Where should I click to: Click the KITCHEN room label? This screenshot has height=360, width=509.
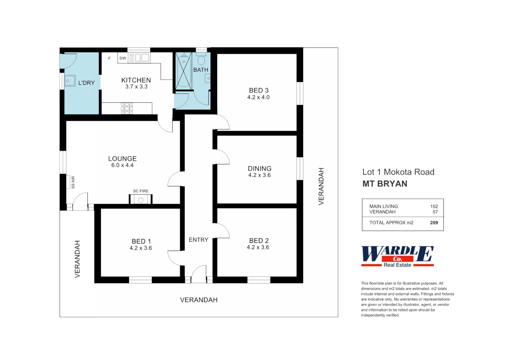click(136, 80)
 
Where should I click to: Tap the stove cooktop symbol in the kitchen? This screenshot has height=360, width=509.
click(127, 108)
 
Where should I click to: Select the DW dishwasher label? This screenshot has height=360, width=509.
click(123, 58)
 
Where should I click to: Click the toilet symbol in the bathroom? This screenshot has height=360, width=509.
click(201, 60)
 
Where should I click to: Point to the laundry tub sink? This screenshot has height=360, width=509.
click(70, 81)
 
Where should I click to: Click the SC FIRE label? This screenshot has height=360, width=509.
click(141, 191)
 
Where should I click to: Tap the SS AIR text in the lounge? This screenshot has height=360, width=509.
click(73, 182)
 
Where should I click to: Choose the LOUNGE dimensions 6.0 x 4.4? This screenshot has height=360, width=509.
click(122, 165)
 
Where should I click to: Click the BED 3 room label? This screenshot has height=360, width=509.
click(259, 90)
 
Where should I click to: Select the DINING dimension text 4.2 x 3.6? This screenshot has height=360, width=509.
click(259, 175)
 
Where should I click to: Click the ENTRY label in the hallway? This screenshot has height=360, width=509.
click(198, 240)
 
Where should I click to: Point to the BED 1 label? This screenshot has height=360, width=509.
click(141, 241)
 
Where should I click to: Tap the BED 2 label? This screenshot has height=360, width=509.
click(259, 241)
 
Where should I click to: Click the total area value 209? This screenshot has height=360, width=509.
click(434, 223)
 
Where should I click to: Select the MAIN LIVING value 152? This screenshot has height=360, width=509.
click(434, 206)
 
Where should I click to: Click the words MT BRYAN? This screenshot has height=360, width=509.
click(385, 184)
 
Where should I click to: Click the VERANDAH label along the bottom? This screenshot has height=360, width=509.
click(199, 300)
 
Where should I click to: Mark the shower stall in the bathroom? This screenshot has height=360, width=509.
click(184, 71)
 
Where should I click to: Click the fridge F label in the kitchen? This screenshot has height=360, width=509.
click(109, 58)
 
